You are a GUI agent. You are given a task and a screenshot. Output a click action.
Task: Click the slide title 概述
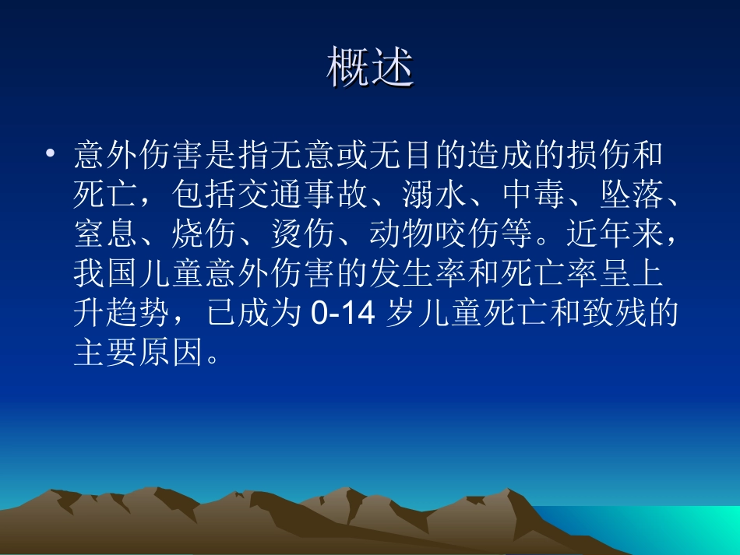370,68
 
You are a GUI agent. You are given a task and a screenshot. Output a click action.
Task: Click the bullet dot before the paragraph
51,153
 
